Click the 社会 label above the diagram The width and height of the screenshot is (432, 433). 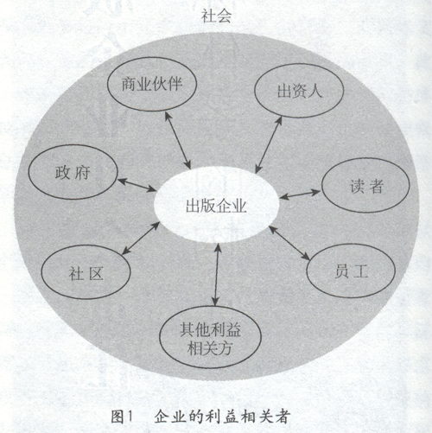pos(216,16)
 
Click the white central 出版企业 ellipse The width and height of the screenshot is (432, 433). pos(216,206)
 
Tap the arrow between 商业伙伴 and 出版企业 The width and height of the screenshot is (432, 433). pos(178,140)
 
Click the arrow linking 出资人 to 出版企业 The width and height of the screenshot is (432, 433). pos(269,145)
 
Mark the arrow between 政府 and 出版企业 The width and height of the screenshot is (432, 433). pos(137,185)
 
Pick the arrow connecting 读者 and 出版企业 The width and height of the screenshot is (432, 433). pos(300,194)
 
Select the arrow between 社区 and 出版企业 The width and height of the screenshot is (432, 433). pos(141,239)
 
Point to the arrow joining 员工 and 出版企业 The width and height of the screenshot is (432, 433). pos(289,243)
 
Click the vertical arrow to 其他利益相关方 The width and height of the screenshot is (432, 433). pos(217,275)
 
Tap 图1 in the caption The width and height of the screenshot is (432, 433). pos(121,417)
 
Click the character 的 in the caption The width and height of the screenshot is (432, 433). pos(196,417)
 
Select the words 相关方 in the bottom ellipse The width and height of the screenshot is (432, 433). pos(210,348)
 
